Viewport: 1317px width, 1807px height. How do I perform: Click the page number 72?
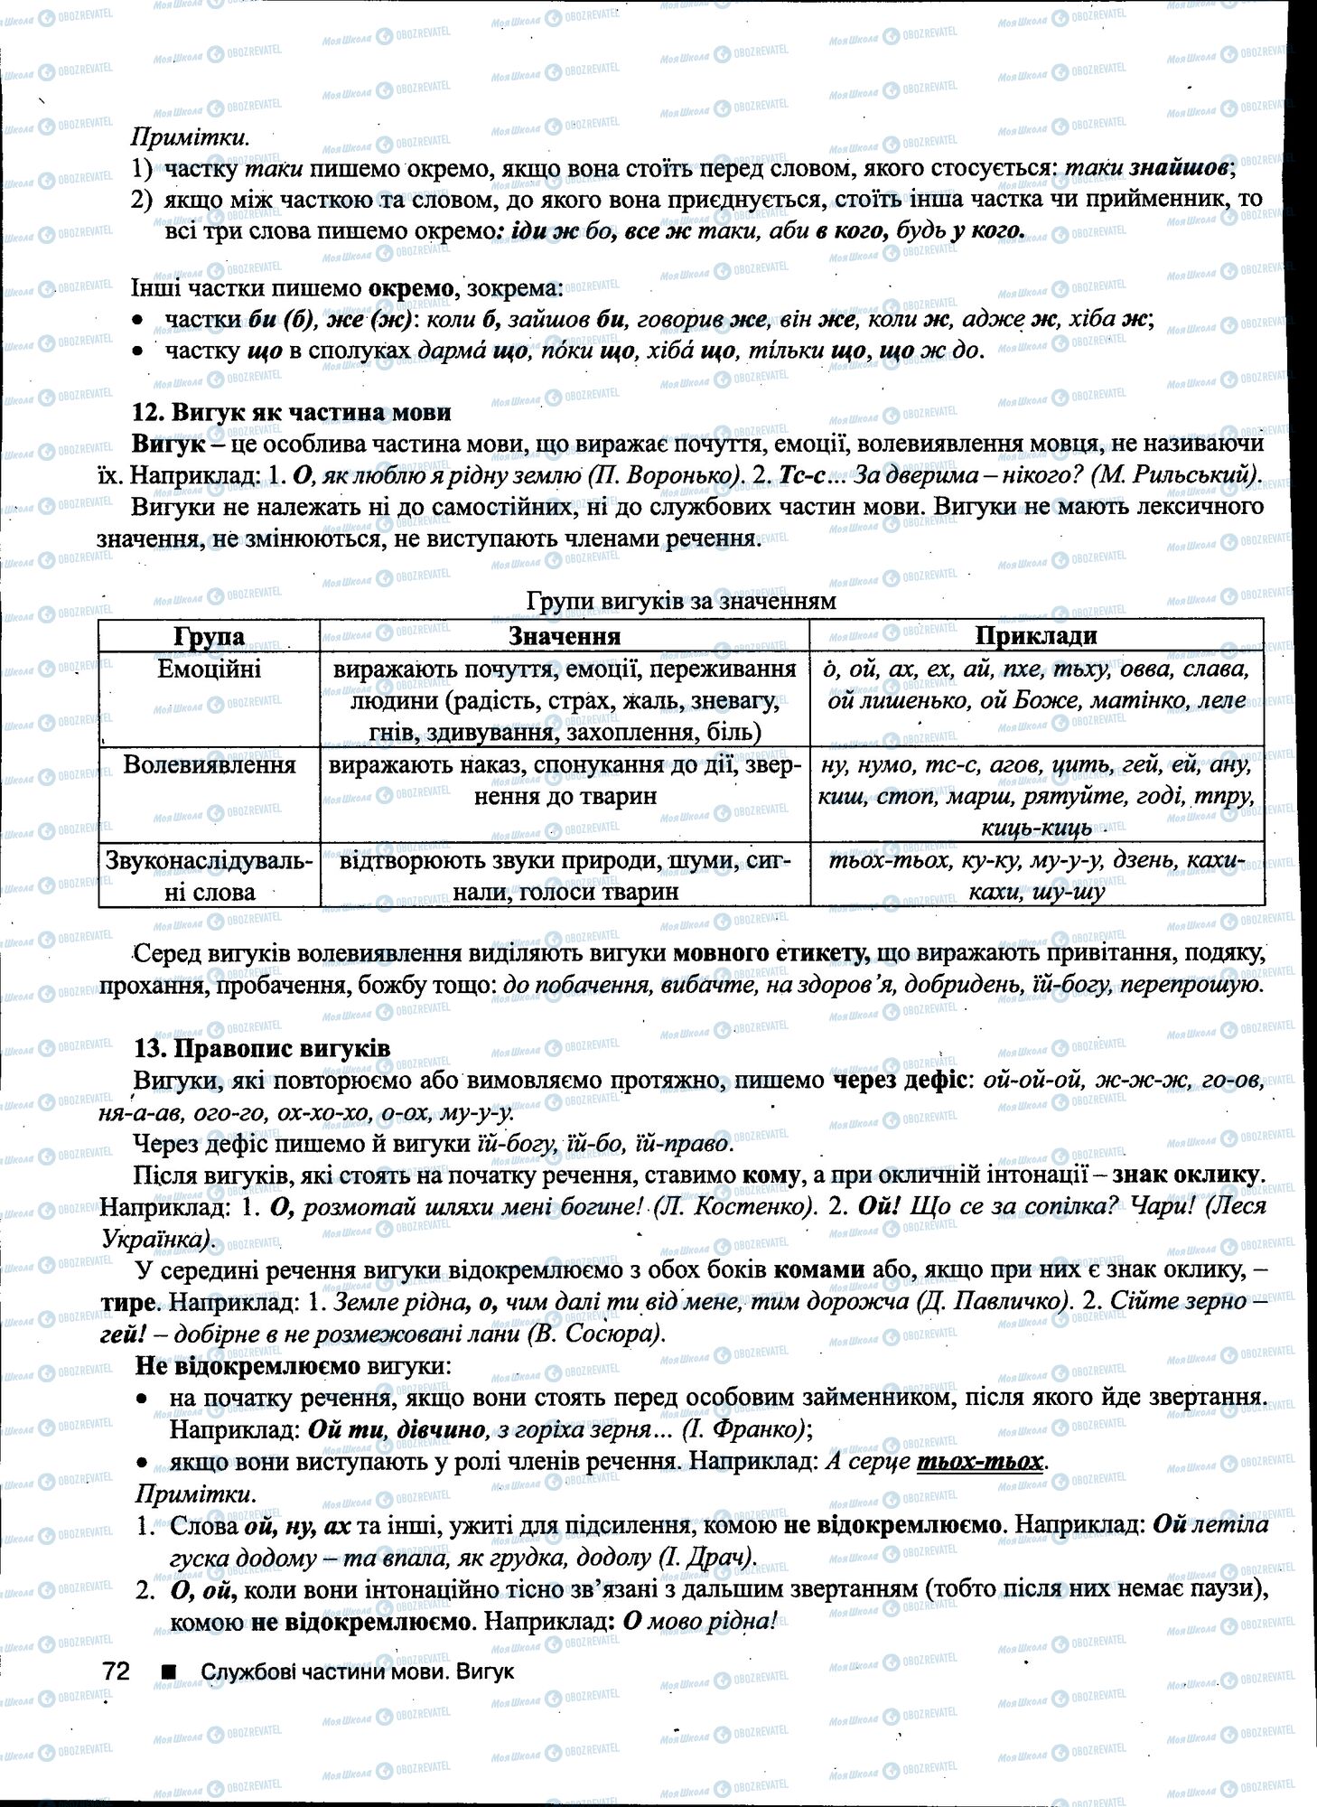click(117, 1671)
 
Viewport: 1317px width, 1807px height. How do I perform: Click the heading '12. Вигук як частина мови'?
click(291, 412)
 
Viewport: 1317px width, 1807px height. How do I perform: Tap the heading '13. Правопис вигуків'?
click(262, 1048)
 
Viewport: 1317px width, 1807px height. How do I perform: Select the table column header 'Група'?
click(209, 636)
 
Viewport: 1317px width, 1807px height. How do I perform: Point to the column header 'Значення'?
click(565, 635)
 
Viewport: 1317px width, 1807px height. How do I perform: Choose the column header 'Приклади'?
click(1035, 635)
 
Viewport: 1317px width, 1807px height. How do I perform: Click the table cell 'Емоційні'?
click(209, 669)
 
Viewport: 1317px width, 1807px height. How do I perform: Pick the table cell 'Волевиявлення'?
click(209, 764)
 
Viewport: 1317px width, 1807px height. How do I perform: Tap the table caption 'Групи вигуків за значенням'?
click(680, 600)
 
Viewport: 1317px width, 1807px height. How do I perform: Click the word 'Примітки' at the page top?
click(190, 137)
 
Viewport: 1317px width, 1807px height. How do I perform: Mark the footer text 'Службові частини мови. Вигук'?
click(358, 1671)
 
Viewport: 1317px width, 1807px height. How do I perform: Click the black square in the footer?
click(167, 1671)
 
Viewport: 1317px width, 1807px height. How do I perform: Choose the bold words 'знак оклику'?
click(1185, 1175)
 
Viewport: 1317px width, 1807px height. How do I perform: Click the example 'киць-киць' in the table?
click(1036, 827)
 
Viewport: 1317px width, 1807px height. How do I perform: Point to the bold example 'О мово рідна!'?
click(700, 1621)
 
